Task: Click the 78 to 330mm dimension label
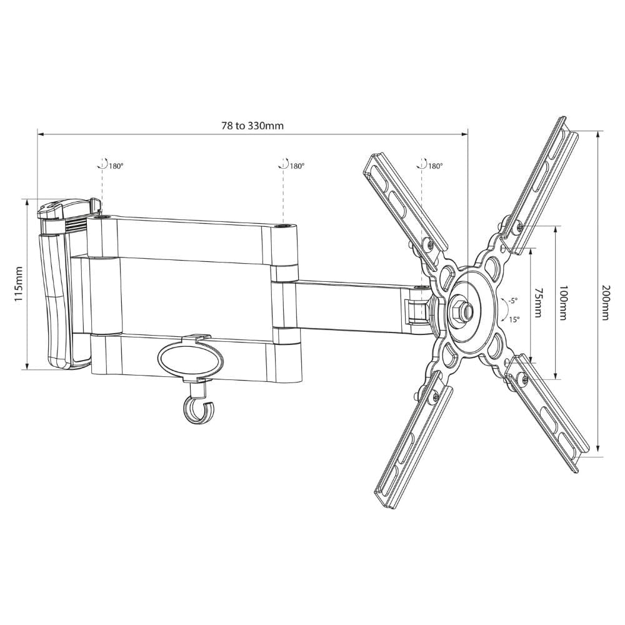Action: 252,126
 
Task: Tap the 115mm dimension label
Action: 18,284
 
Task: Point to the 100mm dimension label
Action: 564,302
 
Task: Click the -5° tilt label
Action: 512,300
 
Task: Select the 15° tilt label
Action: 514,319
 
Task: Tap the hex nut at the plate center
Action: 461,307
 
